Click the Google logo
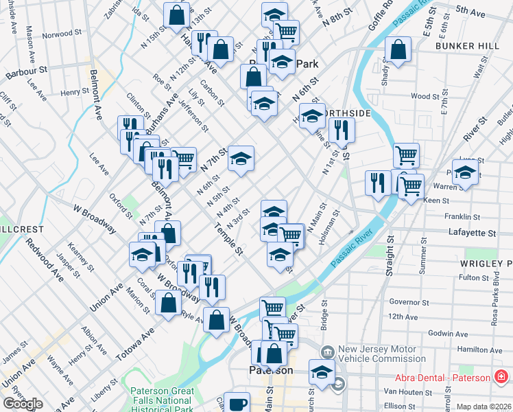coord(23,404)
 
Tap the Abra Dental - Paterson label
coord(442,378)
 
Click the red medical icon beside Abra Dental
coord(501,377)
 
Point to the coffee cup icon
coord(238,404)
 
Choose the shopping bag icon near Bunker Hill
coord(398,49)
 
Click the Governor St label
coord(408,301)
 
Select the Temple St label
coord(229,238)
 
